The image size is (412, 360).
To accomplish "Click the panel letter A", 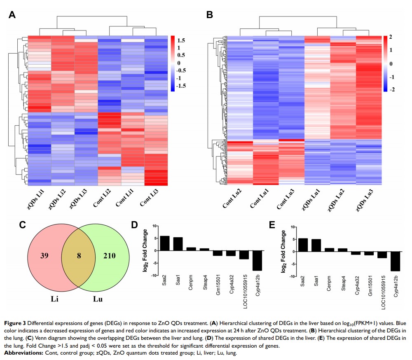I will [x=12, y=15].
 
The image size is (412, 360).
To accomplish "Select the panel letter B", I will [x=210, y=15].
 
